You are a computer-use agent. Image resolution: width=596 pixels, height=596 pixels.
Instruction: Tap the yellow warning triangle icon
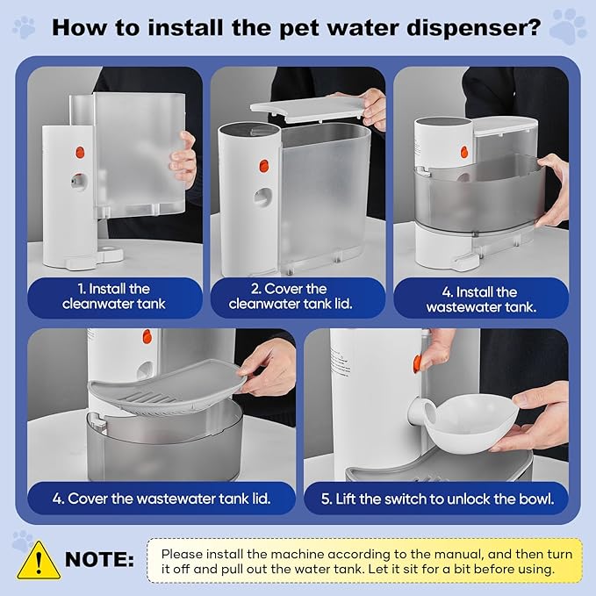pos(39,558)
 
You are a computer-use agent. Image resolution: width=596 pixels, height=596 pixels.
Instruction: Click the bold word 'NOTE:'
pos(100,559)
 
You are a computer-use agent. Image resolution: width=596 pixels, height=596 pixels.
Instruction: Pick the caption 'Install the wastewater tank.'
pos(481,299)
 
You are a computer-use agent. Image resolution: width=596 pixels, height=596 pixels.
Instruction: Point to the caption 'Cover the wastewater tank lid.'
pos(160,498)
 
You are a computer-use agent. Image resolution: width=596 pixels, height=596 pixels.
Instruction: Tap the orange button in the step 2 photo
pos(262,164)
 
